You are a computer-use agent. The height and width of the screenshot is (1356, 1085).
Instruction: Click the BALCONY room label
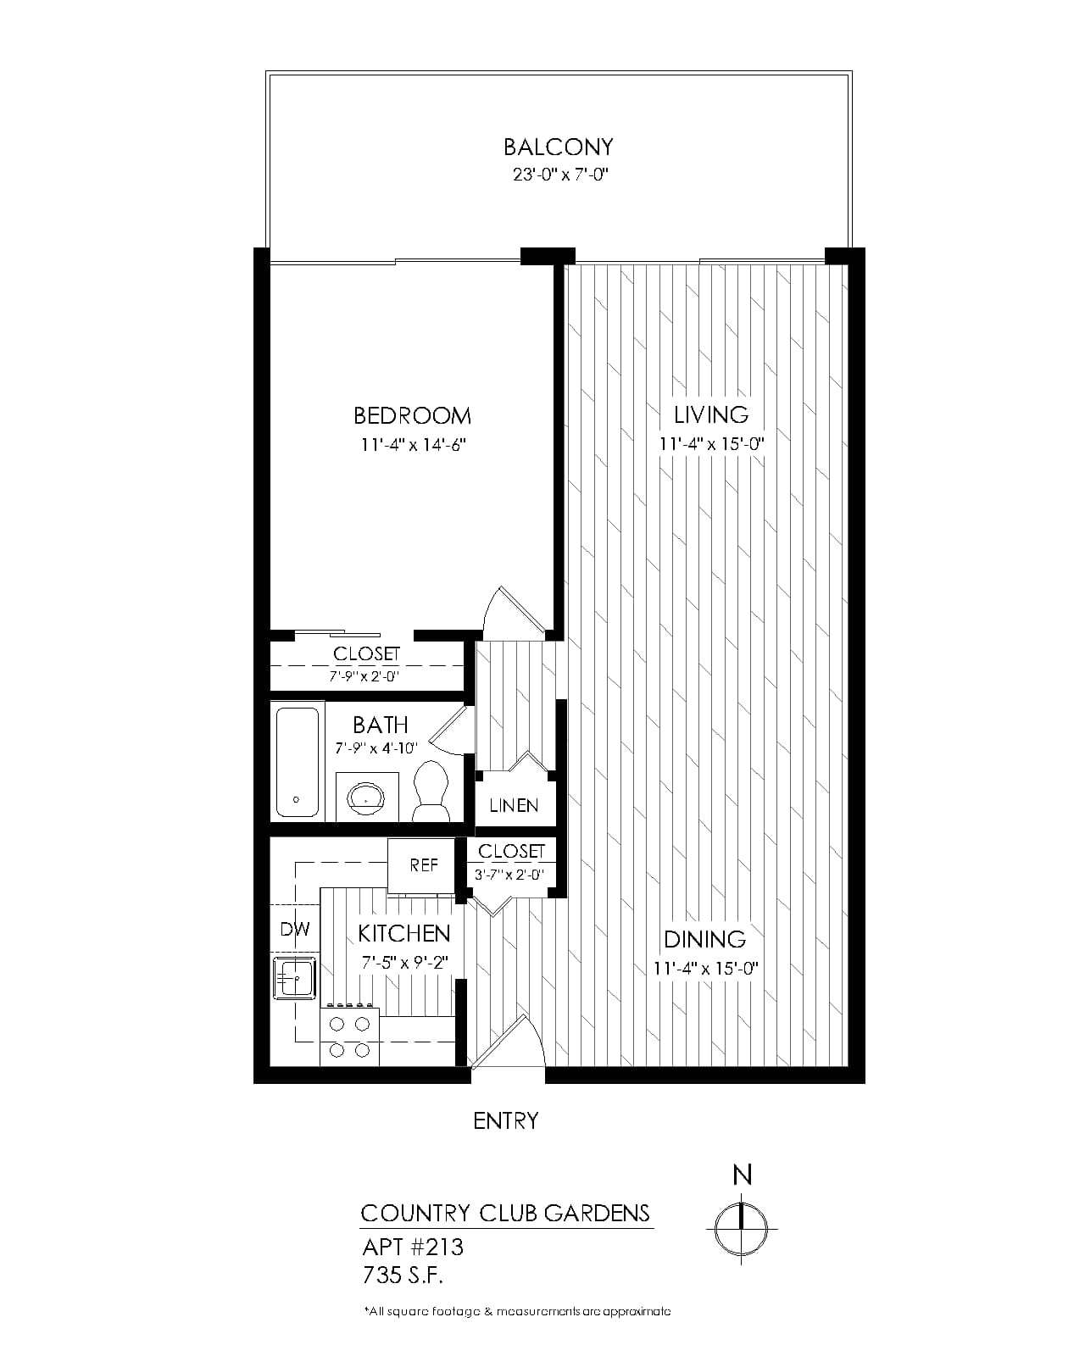[x=558, y=147]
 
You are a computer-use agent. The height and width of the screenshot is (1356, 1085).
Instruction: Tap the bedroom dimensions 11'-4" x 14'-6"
[x=413, y=445]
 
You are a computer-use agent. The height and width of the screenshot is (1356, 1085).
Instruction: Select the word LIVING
[x=711, y=415]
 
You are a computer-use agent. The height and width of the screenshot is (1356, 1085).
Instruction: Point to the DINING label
[x=705, y=940]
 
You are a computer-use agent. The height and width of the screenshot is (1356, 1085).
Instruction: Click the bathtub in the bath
[x=297, y=763]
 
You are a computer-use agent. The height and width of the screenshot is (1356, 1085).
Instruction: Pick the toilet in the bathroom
[x=431, y=791]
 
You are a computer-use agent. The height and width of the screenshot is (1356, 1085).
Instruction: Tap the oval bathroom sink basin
[x=366, y=797]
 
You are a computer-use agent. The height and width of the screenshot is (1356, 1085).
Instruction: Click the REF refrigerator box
[x=421, y=866]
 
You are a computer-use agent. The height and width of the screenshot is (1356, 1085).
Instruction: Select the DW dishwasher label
[x=295, y=929]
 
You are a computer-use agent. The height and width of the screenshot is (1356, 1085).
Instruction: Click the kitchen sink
[x=294, y=977]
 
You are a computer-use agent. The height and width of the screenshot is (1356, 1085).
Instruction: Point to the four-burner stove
[x=349, y=1036]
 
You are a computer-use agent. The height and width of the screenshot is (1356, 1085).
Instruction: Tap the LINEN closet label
[x=514, y=805]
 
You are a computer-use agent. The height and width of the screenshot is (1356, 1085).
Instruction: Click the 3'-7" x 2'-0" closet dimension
[x=509, y=875]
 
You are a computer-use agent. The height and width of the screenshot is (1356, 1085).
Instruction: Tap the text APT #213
[x=413, y=1247]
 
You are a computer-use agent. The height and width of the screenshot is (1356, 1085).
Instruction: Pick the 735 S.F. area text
[x=403, y=1275]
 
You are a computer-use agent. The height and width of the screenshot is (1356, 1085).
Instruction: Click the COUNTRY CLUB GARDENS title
[x=505, y=1214]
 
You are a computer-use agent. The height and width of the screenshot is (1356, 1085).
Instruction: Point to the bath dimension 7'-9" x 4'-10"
[x=376, y=748]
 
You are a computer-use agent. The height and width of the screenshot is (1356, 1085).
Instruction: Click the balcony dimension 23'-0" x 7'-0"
[x=559, y=175]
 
